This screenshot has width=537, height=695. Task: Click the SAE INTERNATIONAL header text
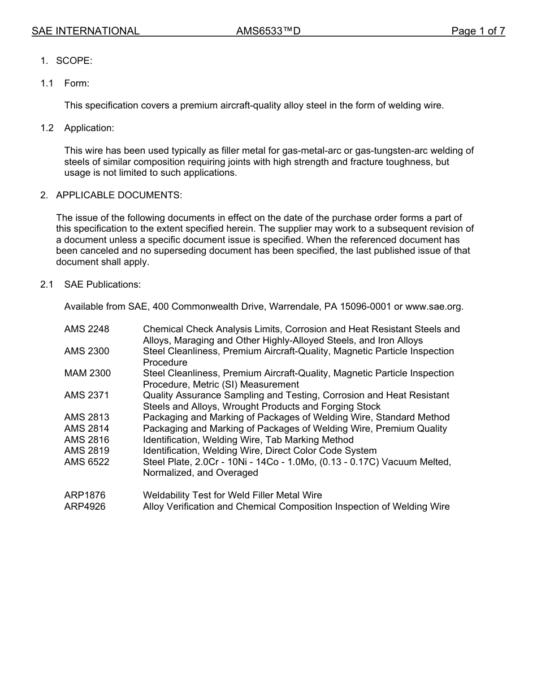click(x=85, y=31)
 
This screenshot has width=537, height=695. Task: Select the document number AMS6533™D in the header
click(x=268, y=31)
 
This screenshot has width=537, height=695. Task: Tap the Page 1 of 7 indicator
click(x=478, y=31)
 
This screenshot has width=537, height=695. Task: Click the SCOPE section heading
click(x=74, y=60)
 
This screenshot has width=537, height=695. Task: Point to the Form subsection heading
click(x=77, y=83)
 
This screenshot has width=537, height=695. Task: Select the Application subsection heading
click(x=89, y=128)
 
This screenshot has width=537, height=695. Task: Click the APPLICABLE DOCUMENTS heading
click(x=119, y=195)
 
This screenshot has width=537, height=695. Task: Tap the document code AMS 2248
click(x=86, y=329)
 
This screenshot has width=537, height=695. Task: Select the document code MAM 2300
click(x=87, y=373)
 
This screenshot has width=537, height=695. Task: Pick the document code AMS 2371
click(x=86, y=395)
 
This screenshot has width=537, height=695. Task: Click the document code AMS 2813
click(x=86, y=417)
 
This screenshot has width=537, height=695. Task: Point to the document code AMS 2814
click(x=86, y=428)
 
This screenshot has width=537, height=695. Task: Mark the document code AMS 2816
click(x=86, y=440)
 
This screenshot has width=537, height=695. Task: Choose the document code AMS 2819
click(x=86, y=450)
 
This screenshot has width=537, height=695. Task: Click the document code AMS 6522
click(x=86, y=462)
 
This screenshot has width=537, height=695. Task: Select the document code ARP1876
click(x=85, y=495)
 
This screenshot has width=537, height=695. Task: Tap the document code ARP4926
click(x=85, y=506)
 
